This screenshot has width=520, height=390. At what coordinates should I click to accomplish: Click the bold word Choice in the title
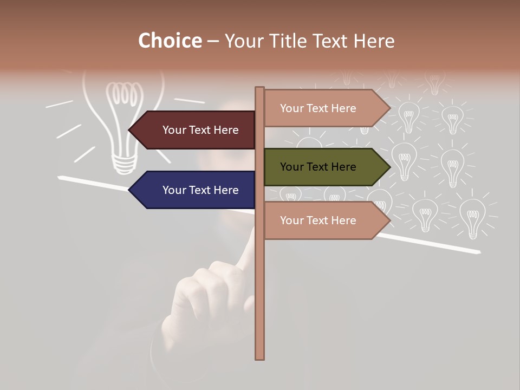tap(170, 41)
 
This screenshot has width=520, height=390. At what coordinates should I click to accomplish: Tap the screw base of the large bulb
tap(124, 162)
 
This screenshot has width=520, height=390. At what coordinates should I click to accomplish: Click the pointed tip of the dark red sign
tap(131, 130)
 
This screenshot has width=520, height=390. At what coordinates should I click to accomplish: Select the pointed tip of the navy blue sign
tap(131, 190)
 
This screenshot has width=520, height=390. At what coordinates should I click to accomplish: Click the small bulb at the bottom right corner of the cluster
tap(473, 217)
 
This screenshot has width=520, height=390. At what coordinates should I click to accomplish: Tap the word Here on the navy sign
tap(225, 190)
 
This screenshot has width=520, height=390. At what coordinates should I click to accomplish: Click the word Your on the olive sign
tap(291, 167)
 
